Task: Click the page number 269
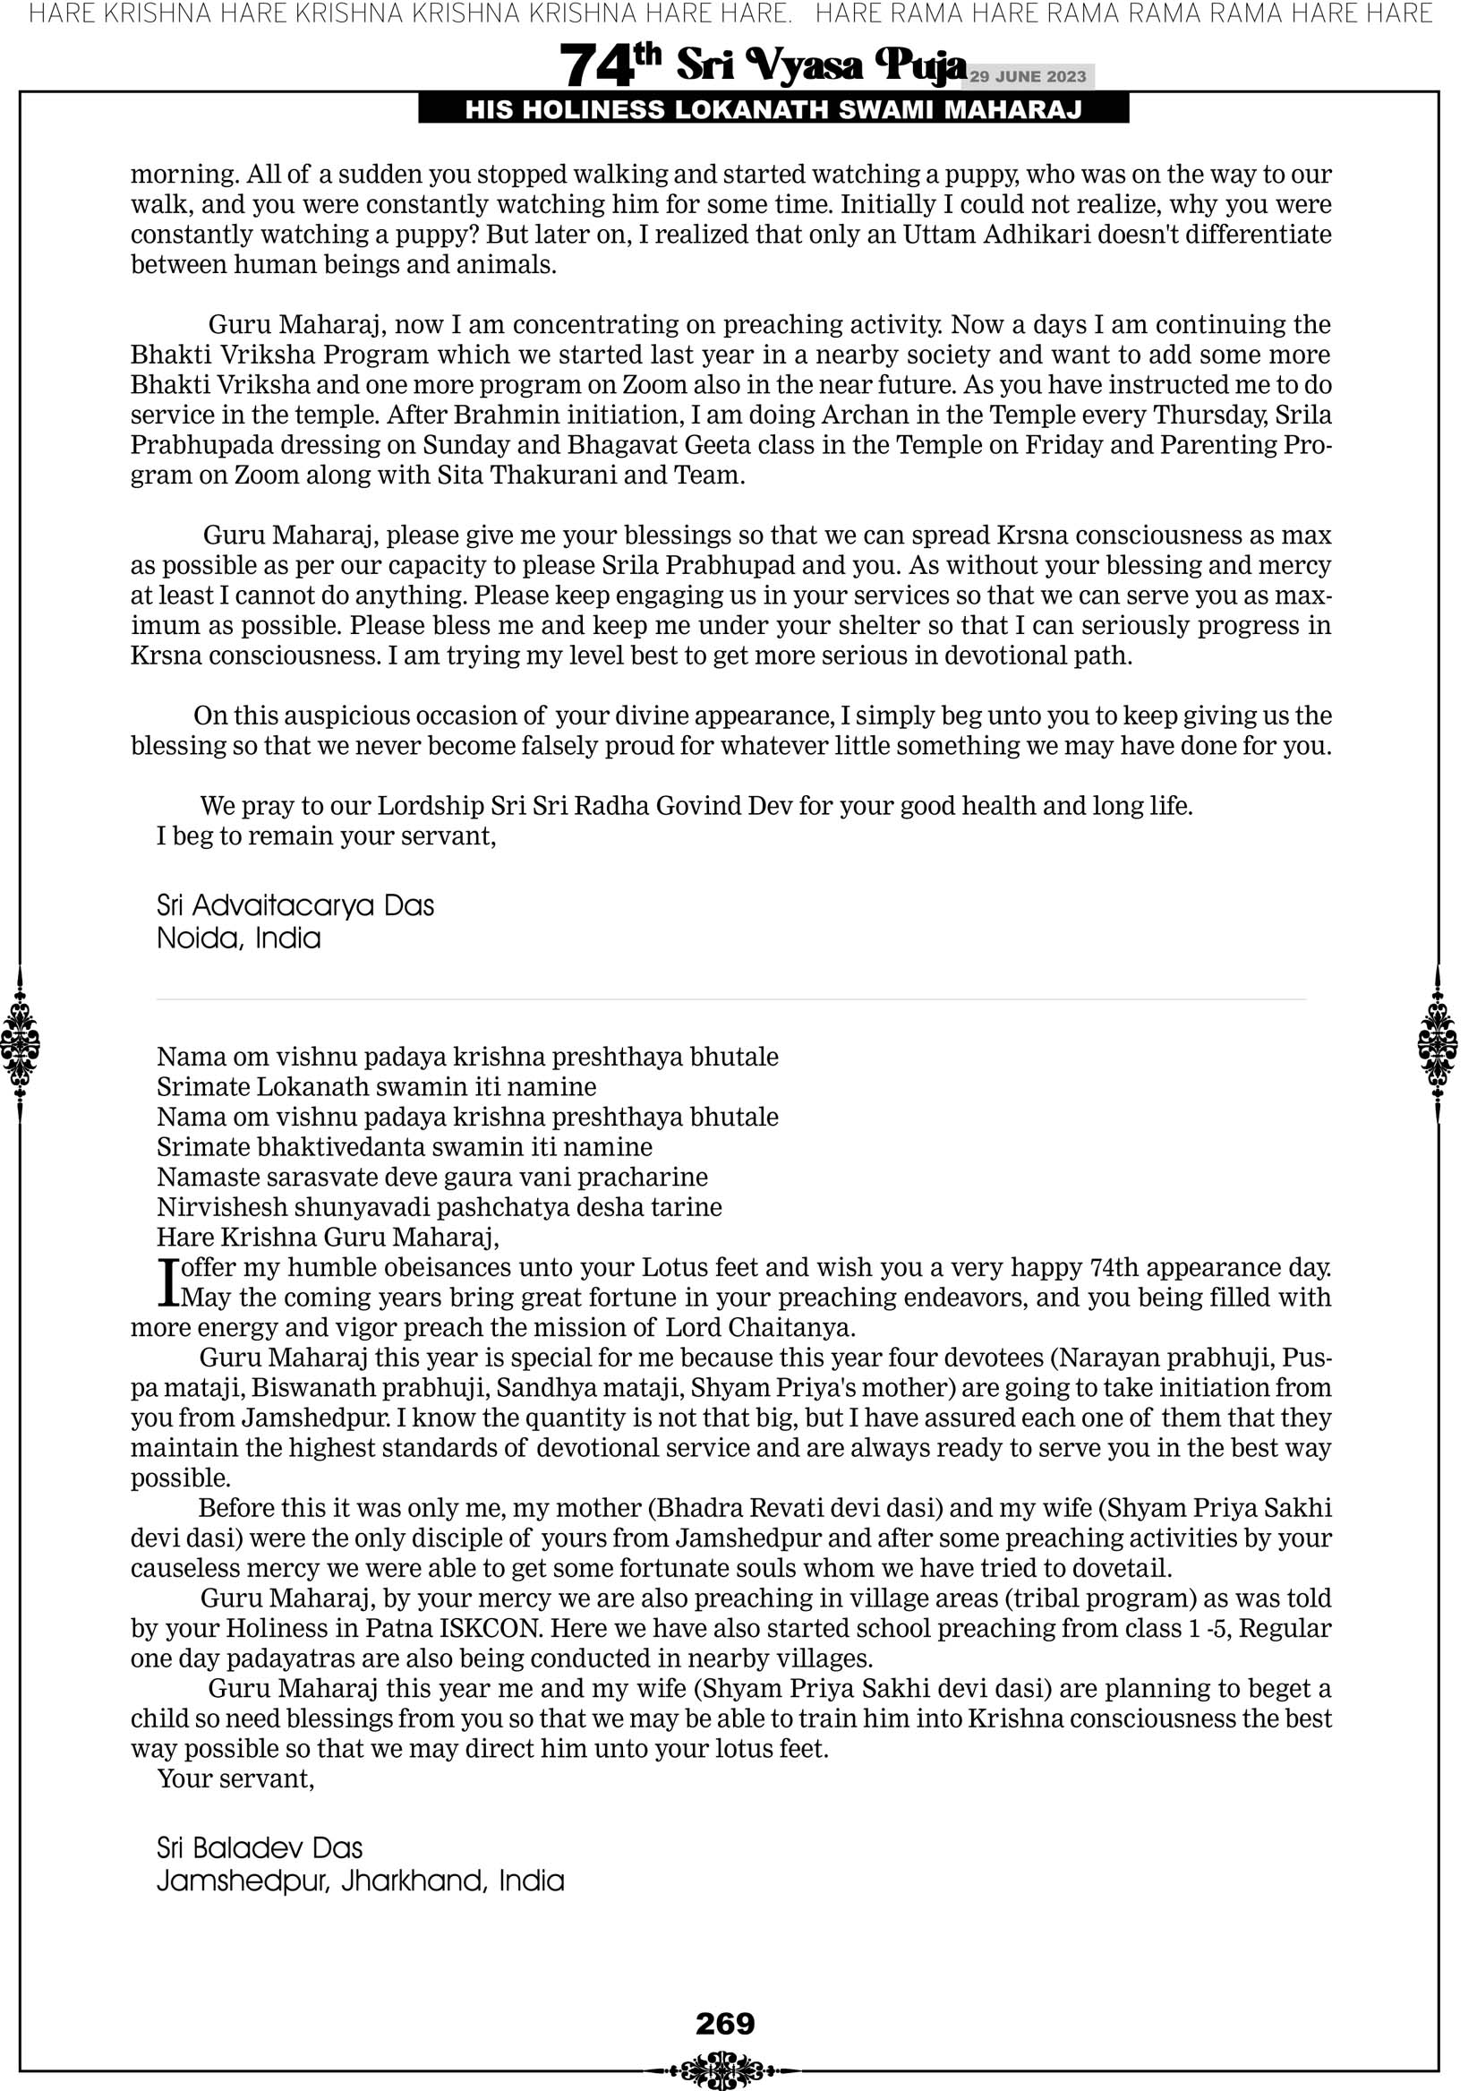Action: pos(725,2024)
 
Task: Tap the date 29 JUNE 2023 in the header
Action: pos(1027,76)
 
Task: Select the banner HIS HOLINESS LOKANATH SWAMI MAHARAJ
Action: pos(773,110)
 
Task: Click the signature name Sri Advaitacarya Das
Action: pos(295,905)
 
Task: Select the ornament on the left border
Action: pos(20,1044)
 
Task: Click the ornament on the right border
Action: pos(1438,1044)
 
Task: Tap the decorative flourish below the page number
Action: pos(725,2063)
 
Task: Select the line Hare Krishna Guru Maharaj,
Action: pos(328,1237)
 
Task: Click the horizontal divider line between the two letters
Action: pos(731,999)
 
